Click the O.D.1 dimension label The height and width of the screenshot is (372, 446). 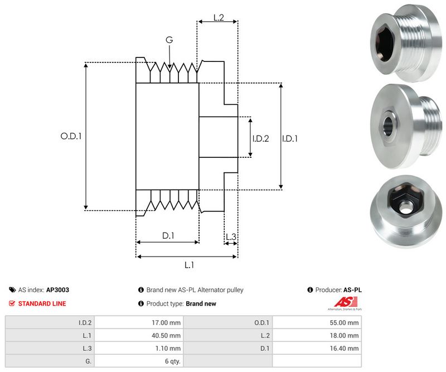(71, 136)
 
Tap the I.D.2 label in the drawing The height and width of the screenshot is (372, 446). (260, 139)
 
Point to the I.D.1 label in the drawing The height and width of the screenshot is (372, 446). (290, 139)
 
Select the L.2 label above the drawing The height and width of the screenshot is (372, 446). (218, 18)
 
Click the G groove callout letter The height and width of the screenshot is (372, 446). (169, 40)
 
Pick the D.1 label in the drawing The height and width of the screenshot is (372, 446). (168, 236)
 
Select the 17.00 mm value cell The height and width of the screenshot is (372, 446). (167, 322)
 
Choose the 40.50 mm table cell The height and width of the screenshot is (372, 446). (167, 335)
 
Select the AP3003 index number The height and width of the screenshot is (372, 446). (57, 290)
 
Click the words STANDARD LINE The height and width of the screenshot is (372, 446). (42, 304)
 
